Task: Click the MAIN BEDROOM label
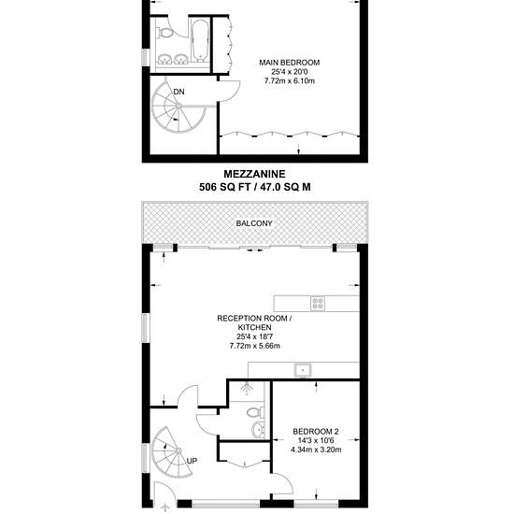point(289,63)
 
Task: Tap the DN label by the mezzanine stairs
point(179,92)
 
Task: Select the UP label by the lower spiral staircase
point(192,461)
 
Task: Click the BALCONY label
point(254,223)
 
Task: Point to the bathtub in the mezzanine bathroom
point(200,40)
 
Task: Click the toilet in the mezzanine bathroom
point(164,32)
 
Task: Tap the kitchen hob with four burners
point(318,303)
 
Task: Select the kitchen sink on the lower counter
point(303,370)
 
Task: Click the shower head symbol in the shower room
point(247,389)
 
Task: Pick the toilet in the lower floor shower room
point(255,412)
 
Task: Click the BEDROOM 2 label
point(316,432)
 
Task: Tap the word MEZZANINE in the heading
point(255,174)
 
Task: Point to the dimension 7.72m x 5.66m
point(255,346)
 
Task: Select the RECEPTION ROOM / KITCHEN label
point(255,322)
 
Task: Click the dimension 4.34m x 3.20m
point(316,450)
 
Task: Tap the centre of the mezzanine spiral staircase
point(178,106)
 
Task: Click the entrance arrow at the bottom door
point(164,508)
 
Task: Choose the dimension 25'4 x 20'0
point(290,71)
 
